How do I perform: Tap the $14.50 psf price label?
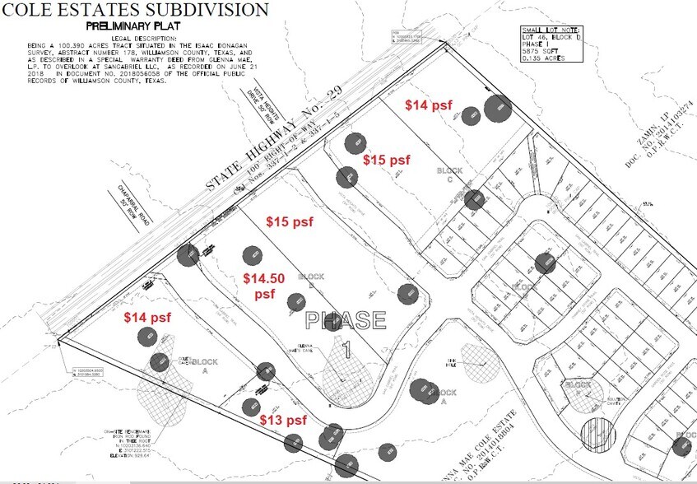click(263, 286)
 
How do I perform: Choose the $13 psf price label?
click(283, 421)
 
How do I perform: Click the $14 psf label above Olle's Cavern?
click(147, 316)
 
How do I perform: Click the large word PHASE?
click(345, 319)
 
